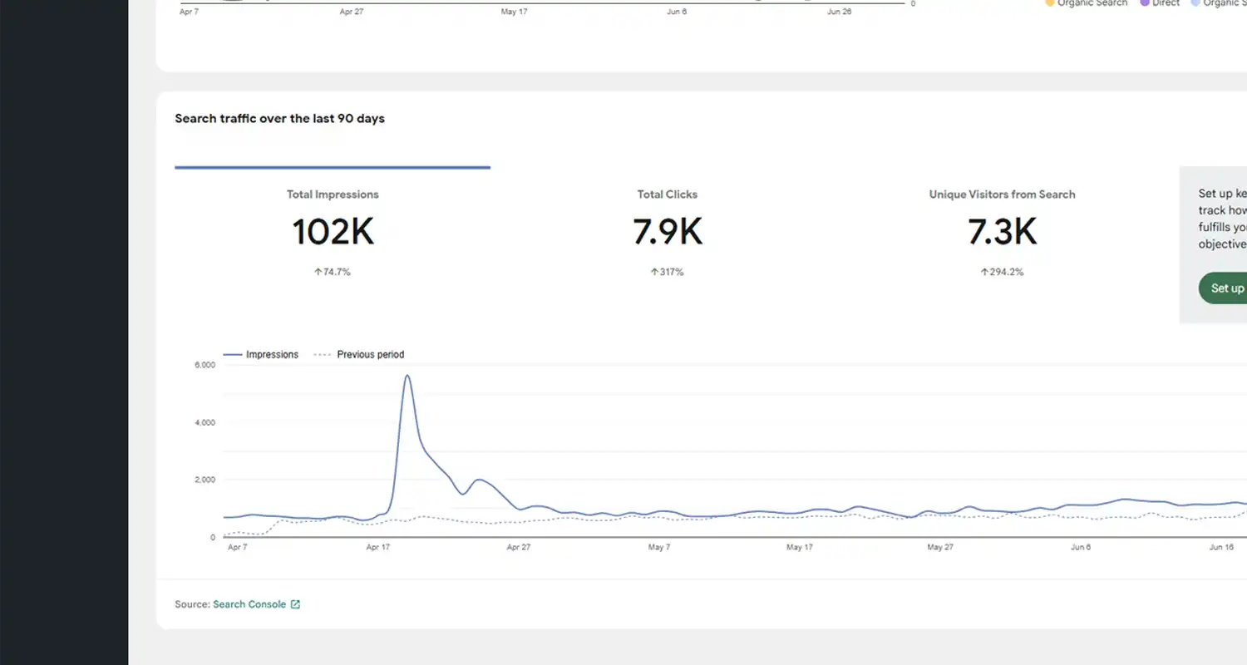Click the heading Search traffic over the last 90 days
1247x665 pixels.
[279, 119]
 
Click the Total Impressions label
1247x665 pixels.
[333, 195]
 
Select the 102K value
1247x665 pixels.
[333, 232]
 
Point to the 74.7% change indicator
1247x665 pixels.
[333, 272]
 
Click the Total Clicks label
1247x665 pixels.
[668, 195]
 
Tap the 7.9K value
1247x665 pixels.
[668, 232]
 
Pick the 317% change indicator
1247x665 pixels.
[668, 272]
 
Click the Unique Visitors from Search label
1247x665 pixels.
[1002, 195]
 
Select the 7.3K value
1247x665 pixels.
[1002, 232]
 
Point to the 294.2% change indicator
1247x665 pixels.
[1002, 272]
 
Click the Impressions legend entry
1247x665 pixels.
[271, 355]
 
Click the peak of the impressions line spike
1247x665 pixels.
[407, 377]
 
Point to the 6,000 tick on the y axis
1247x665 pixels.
[205, 365]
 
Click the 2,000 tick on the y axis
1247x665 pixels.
[205, 480]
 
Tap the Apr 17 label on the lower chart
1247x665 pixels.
[377, 547]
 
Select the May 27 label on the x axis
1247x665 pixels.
[939, 547]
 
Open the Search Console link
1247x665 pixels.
[249, 604]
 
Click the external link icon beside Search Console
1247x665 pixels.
[295, 604]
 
